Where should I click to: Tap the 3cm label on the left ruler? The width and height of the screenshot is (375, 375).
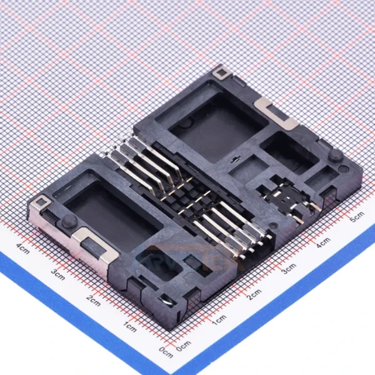tap(58, 274)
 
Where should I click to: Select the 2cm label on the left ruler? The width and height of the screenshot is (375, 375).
tap(92, 300)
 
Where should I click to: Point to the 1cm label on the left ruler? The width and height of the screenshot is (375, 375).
tap(129, 326)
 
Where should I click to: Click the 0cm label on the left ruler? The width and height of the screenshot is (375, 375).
tap(164, 352)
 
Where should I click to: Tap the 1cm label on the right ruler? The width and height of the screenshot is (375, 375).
tap(218, 320)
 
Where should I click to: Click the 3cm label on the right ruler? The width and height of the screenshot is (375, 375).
tap(288, 269)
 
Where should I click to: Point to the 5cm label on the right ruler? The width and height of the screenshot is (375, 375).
tap(357, 217)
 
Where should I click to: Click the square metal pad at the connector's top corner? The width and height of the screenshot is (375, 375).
tap(219, 73)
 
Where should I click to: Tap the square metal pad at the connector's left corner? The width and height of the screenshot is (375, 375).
tap(41, 202)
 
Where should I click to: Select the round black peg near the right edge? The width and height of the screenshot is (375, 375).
tap(336, 154)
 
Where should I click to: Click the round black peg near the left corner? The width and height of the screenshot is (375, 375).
tap(65, 221)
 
